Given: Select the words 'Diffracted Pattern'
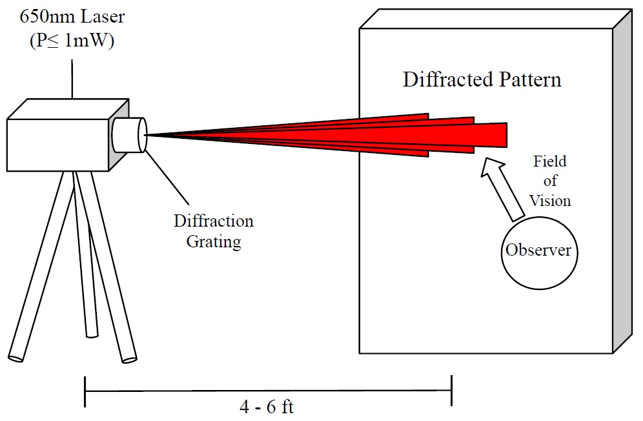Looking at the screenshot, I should click(482, 79).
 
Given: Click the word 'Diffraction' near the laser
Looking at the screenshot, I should click(214, 221).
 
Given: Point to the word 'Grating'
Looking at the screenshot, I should click(214, 242).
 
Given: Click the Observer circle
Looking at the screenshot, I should click(538, 251).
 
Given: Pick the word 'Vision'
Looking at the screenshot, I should click(550, 200).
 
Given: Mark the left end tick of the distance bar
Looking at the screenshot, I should click(85, 392).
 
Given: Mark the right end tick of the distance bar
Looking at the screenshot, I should click(451, 392).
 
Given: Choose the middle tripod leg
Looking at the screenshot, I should click(85, 258).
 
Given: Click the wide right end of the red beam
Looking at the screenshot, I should click(497, 134).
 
